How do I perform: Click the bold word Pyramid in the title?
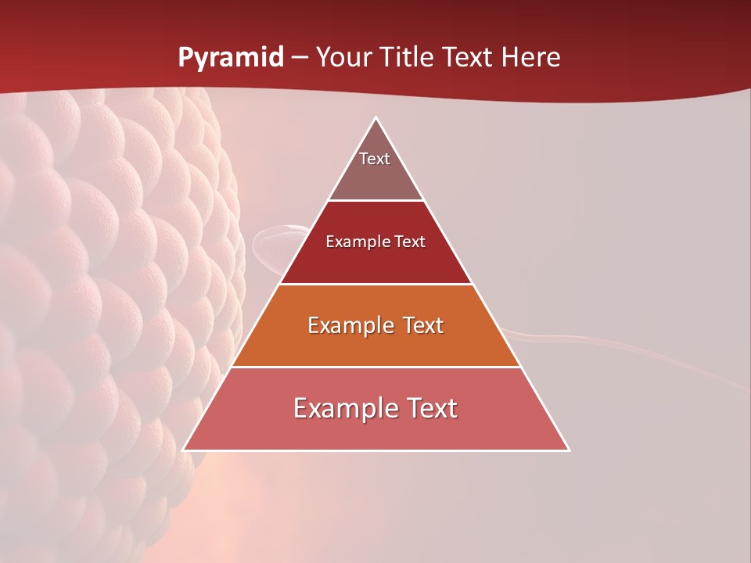pyautogui.click(x=231, y=58)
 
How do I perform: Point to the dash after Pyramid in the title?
pyautogui.click(x=300, y=59)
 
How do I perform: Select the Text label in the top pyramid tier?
pyautogui.click(x=375, y=159)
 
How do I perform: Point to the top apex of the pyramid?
pyautogui.click(x=376, y=118)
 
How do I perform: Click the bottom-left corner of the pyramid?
pyautogui.click(x=184, y=450)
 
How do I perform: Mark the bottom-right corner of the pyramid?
pyautogui.click(x=569, y=450)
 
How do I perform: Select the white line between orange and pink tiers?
pyautogui.click(x=376, y=367)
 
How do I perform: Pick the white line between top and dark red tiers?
pyautogui.click(x=376, y=201)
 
